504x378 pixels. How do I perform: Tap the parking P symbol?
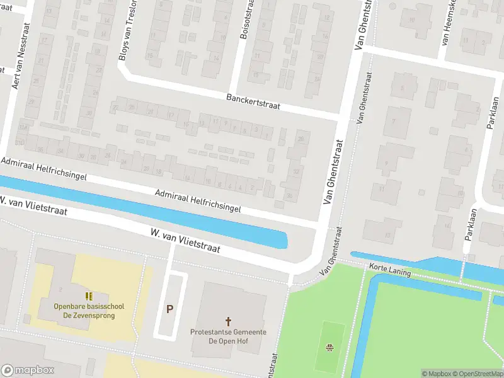coord(169,309)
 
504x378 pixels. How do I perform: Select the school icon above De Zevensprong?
coord(89,295)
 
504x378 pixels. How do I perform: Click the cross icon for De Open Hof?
coord(228,321)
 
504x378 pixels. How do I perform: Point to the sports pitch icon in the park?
coord(329,347)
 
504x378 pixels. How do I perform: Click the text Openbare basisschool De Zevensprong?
coord(89,311)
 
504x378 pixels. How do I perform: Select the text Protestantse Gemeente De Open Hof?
coord(228,336)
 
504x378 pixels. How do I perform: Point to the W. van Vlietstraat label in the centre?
coord(185,241)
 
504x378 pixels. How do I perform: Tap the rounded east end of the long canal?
coord(283,241)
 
